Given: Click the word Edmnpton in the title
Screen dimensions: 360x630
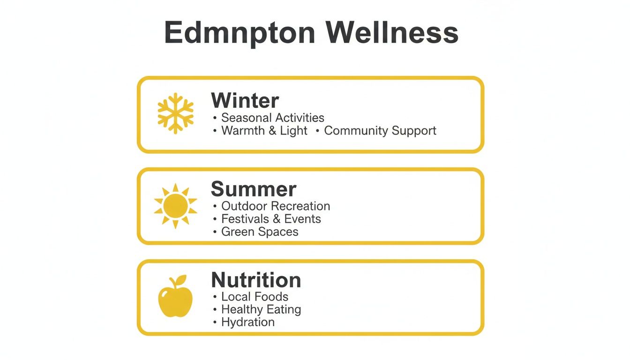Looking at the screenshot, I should [240, 33].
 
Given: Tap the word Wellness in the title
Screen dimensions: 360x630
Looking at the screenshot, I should [391, 33].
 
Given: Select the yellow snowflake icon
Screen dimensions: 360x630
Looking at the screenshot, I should [175, 112].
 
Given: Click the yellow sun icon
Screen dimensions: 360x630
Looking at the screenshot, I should [175, 206].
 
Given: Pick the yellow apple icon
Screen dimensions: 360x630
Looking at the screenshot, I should [175, 297].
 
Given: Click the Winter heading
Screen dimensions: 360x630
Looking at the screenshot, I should [245, 100].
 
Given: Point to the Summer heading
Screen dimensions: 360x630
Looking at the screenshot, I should [254, 189].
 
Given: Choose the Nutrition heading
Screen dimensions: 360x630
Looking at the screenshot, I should [256, 280].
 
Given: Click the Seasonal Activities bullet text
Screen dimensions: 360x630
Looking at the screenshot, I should [272, 118].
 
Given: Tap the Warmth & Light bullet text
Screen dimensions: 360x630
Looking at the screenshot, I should [264, 131].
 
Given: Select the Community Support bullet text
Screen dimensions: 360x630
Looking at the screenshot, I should [380, 131].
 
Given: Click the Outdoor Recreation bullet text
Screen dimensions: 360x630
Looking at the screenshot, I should [276, 206].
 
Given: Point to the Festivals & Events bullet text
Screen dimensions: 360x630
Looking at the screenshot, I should [271, 219].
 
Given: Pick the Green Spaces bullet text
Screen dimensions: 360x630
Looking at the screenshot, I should [260, 232].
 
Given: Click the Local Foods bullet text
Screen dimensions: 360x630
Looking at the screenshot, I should [255, 297].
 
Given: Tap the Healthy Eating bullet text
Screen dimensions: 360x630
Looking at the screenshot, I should [261, 309].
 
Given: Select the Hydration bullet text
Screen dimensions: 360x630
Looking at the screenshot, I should [248, 322].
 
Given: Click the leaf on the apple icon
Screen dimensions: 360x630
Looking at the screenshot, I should [180, 280].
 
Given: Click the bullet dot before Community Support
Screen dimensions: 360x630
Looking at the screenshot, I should [317, 131].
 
